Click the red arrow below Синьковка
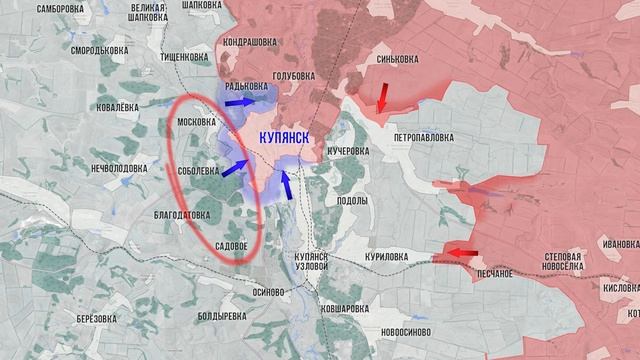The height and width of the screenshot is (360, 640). [383, 97]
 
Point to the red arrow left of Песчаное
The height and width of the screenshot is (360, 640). [460, 253]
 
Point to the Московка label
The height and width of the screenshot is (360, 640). [196, 122]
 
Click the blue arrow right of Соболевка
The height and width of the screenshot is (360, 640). [234, 168]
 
